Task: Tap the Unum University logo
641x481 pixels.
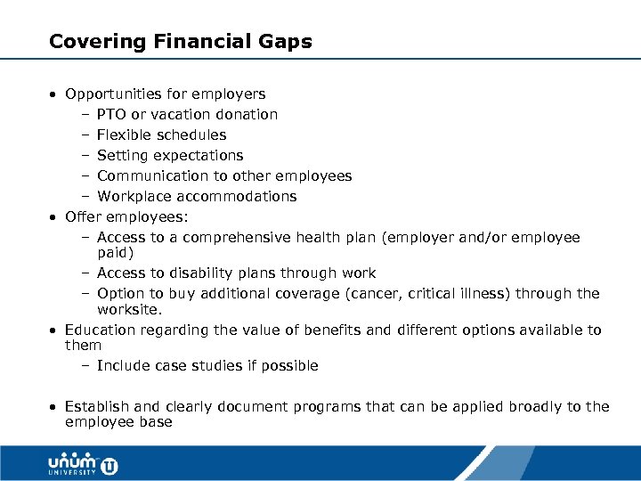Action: click(83, 464)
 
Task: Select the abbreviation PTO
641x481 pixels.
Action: click(111, 115)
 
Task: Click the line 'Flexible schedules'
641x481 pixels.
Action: click(161, 135)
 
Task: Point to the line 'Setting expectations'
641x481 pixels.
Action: click(169, 156)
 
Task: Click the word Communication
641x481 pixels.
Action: click(150, 176)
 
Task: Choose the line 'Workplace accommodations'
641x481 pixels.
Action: click(197, 197)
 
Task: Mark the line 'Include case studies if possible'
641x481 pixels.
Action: click(207, 366)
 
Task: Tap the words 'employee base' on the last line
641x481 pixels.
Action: click(118, 422)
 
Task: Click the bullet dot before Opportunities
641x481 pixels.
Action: click(54, 94)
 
